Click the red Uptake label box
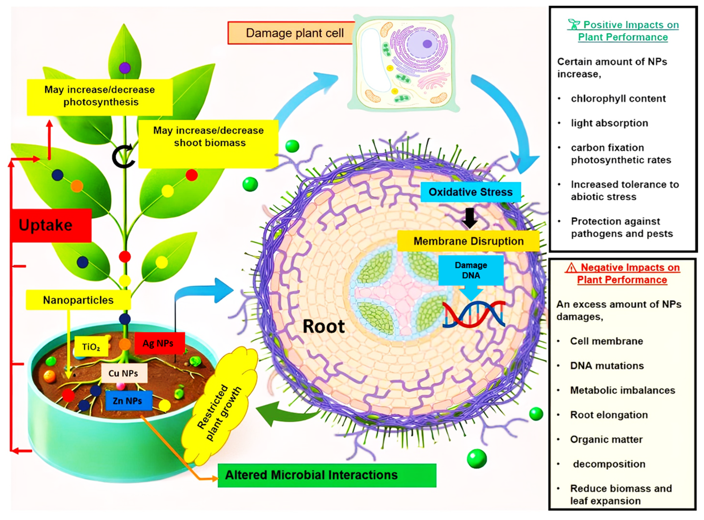[x=50, y=225]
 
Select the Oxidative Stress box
[x=470, y=192]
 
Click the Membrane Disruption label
[x=468, y=241]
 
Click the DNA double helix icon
[x=474, y=315]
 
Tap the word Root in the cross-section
[x=323, y=326]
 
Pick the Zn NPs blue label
[x=129, y=401]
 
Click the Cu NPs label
[x=124, y=373]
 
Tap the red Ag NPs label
[x=159, y=343]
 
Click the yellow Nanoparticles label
[x=78, y=300]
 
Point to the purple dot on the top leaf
[x=125, y=68]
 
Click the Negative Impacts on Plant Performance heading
[x=622, y=273]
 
